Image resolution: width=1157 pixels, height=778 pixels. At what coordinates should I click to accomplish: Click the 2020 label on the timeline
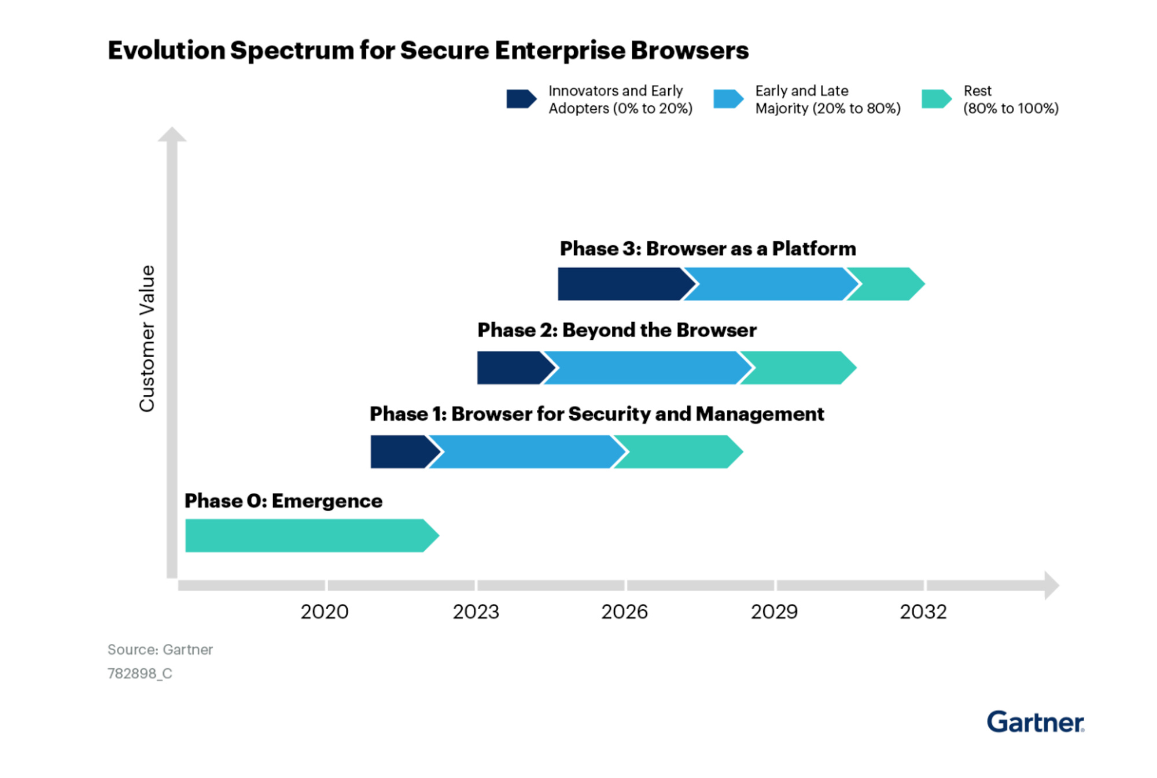click(324, 612)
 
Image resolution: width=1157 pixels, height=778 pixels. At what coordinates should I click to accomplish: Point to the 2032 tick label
click(923, 612)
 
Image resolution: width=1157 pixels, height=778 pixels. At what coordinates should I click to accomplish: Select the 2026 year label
click(624, 612)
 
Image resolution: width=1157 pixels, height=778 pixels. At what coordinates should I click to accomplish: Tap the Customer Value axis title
click(147, 338)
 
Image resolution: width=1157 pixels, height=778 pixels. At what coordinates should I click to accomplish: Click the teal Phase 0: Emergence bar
click(307, 535)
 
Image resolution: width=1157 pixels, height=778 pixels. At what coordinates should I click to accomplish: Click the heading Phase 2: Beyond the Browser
click(617, 330)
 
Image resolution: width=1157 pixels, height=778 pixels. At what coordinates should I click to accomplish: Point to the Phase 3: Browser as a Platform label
click(708, 249)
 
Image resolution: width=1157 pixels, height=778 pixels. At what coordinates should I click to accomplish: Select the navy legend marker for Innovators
click(521, 99)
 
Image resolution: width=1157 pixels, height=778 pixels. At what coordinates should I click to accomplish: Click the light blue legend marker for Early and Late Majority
click(728, 99)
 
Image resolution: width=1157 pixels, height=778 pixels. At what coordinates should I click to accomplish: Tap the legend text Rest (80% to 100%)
click(1010, 99)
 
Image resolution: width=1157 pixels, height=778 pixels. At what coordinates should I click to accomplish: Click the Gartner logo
click(1035, 723)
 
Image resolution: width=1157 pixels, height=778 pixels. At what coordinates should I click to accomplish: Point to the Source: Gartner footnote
click(160, 650)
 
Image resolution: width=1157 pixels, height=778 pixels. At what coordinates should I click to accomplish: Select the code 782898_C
click(139, 673)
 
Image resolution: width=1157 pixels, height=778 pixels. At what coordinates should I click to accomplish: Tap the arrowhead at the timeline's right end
click(1051, 586)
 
